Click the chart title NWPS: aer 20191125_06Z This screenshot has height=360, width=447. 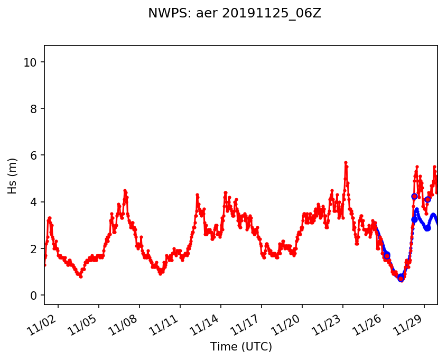tap(235, 14)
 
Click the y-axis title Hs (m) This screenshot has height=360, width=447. tap(12, 176)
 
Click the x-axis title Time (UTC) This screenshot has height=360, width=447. tap(241, 347)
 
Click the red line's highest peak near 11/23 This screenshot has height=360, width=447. tap(346, 162)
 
